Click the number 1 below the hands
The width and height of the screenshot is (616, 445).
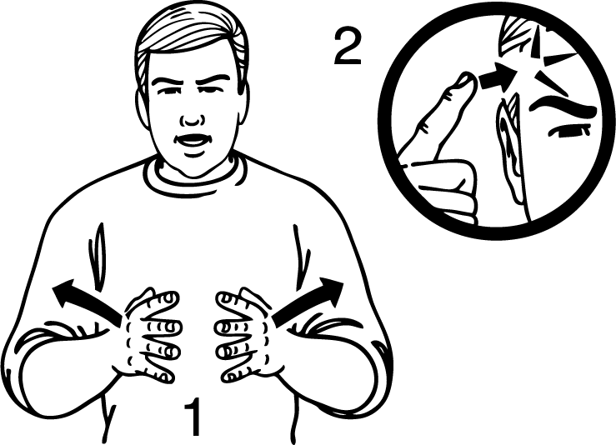(193, 417)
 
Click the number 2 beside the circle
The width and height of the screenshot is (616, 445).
(348, 47)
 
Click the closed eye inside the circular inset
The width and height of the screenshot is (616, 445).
(568, 131)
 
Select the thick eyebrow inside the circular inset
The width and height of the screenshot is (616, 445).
(563, 106)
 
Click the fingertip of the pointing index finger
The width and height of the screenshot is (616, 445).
(466, 78)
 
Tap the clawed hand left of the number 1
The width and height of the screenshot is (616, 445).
(151, 335)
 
